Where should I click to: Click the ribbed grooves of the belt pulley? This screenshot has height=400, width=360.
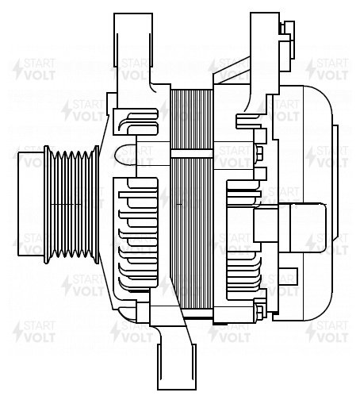(x=72, y=204)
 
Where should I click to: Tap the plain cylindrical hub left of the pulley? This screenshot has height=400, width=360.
(x=31, y=204)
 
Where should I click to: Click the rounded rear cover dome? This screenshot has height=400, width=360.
(x=317, y=203)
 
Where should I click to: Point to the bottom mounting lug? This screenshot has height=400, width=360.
(x=177, y=367)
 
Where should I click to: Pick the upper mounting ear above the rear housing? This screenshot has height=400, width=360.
(x=265, y=53)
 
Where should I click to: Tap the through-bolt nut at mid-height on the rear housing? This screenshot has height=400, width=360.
(x=259, y=153)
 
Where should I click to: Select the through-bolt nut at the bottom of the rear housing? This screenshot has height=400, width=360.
(x=260, y=312)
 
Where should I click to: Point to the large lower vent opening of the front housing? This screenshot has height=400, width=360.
(x=136, y=235)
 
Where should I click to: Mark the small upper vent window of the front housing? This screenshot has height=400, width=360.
(x=136, y=121)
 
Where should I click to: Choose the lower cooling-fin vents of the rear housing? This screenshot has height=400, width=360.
(x=243, y=275)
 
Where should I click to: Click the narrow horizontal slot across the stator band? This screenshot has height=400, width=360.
(x=192, y=154)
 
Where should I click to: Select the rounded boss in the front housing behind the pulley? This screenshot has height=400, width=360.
(x=126, y=156)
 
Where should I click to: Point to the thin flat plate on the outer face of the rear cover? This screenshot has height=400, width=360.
(x=335, y=183)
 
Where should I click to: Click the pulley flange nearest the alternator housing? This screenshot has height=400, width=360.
(x=97, y=204)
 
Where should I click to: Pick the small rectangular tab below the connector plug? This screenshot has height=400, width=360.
(x=289, y=277)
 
